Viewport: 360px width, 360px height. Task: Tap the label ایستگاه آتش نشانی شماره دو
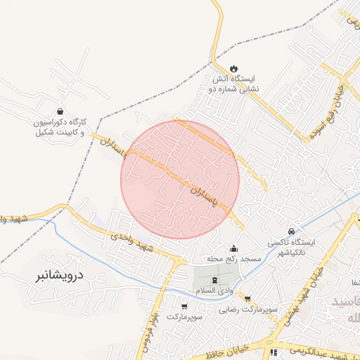pyautogui.click(x=236, y=84)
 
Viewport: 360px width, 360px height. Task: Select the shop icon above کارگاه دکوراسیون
pyautogui.click(x=60, y=111)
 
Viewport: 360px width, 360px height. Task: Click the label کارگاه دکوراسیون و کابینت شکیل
pyautogui.click(x=59, y=127)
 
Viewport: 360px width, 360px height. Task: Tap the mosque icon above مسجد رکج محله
pyautogui.click(x=233, y=248)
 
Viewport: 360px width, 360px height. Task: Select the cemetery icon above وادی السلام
pyautogui.click(x=214, y=280)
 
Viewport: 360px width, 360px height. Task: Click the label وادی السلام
pyautogui.click(x=214, y=291)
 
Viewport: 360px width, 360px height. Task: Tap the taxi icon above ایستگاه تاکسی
pyautogui.click(x=291, y=231)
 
